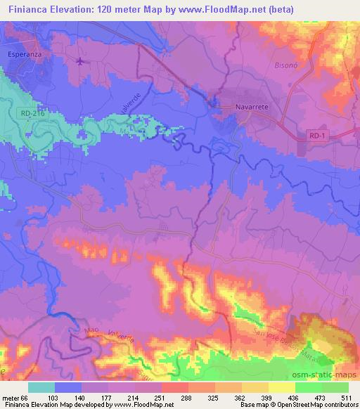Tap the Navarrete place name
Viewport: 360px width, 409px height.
(253, 108)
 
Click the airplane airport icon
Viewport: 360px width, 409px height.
(81, 61)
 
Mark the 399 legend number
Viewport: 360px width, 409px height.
(267, 398)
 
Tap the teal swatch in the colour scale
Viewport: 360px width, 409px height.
(41, 387)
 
